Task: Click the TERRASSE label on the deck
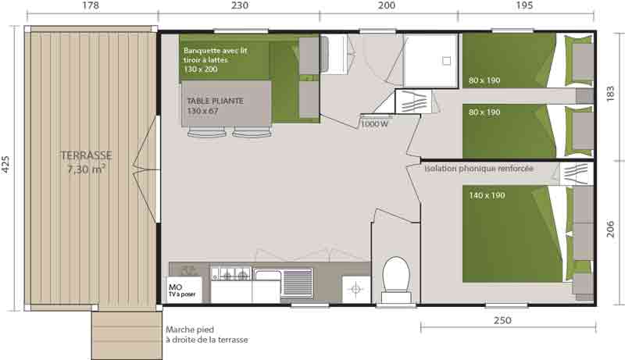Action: pos(87,155)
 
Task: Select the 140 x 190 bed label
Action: pos(487,195)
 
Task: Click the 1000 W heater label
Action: pos(374,124)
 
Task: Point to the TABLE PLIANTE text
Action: pos(216,102)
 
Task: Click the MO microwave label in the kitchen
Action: pos(175,287)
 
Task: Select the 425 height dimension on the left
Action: pos(5,164)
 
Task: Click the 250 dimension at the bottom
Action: pos(502,321)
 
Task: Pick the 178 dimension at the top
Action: pos(91,5)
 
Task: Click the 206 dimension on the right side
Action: pos(610,229)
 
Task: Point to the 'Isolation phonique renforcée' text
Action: pos(479,169)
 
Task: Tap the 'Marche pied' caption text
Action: pos(190,330)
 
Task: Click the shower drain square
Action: pos(446,61)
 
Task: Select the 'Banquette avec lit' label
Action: pos(216,51)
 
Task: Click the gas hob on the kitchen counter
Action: pos(231,274)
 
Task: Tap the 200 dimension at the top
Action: pos(386,5)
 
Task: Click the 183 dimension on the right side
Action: pos(610,94)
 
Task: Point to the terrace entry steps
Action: pos(127,335)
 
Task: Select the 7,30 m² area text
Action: pos(87,169)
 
